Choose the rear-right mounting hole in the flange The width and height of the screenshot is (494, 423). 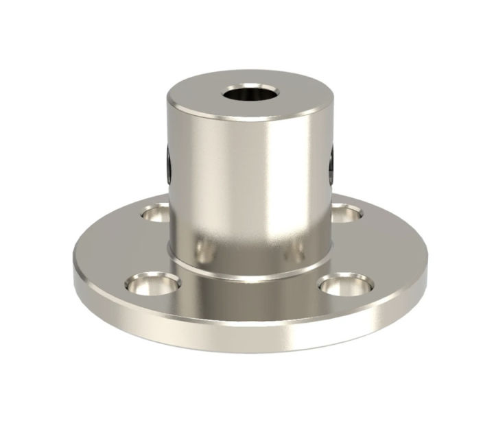(x=346, y=213)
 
